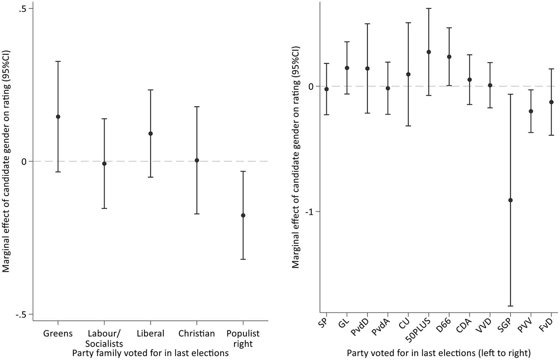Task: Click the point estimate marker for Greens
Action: (x=58, y=117)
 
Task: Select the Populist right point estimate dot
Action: (x=243, y=215)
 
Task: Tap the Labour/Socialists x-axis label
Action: (x=104, y=338)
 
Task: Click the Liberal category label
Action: (x=150, y=333)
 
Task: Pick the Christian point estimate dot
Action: (x=197, y=160)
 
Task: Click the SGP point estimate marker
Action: (x=510, y=200)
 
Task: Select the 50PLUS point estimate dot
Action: (x=429, y=52)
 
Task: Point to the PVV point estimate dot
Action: (x=531, y=111)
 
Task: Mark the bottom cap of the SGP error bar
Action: (x=510, y=306)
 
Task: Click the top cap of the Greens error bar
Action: (x=58, y=61)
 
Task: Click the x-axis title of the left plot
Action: (x=150, y=353)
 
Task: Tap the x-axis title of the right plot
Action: (x=439, y=353)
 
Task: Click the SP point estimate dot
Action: (x=326, y=89)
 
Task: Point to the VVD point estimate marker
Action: (x=490, y=85)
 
